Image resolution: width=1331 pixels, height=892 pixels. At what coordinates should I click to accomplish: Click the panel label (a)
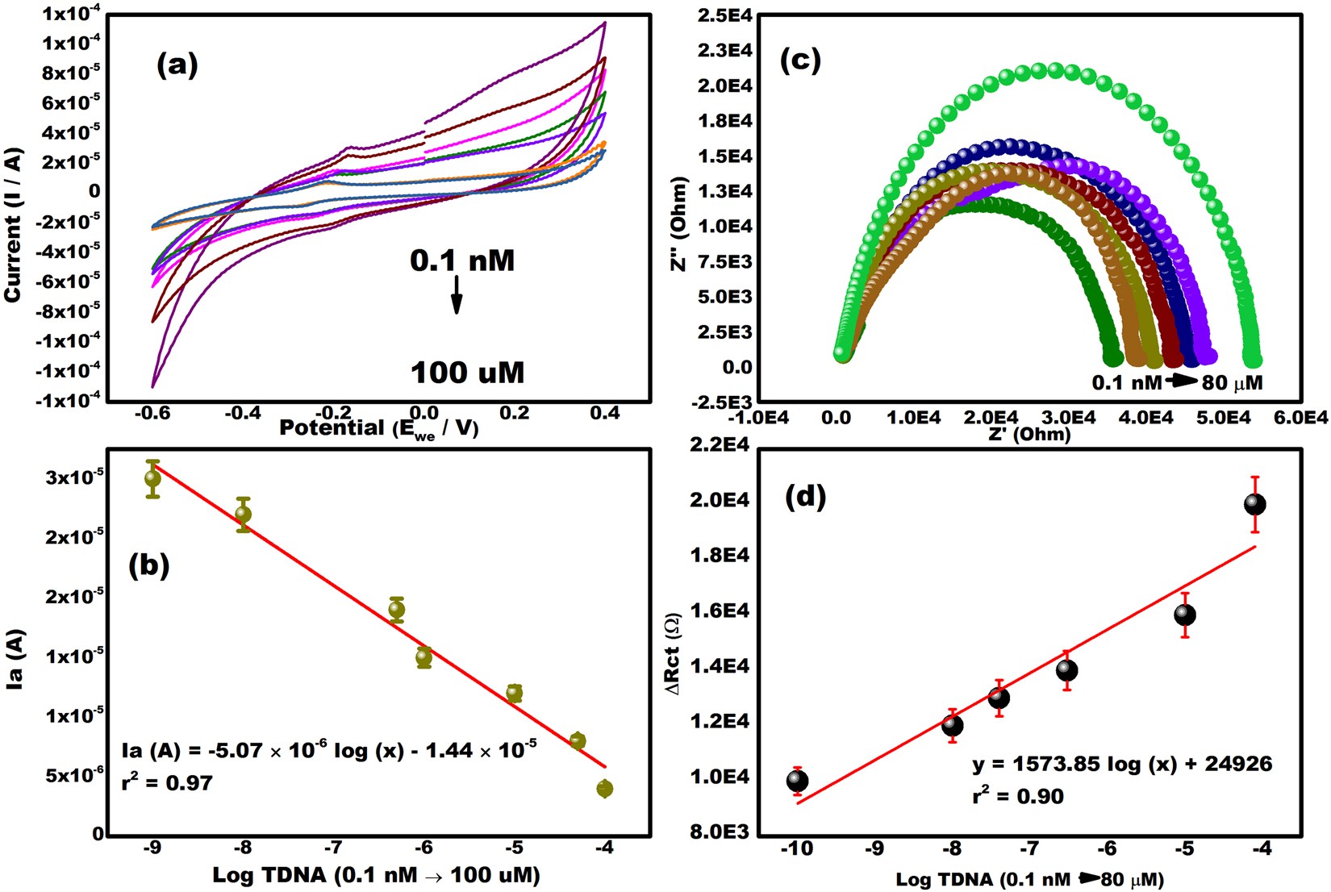click(177, 65)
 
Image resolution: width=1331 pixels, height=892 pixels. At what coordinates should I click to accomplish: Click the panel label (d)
click(805, 496)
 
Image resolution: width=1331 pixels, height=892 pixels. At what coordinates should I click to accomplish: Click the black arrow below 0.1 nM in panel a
click(457, 294)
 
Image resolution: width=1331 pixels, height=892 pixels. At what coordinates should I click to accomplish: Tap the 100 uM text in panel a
click(468, 373)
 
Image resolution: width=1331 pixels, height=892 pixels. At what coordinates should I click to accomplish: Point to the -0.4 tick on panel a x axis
click(242, 413)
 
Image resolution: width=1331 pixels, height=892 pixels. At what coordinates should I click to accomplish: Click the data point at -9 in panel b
click(152, 479)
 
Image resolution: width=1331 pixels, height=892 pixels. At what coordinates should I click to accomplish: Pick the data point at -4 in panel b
click(604, 788)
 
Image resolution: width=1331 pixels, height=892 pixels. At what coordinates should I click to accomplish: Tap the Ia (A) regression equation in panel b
click(328, 750)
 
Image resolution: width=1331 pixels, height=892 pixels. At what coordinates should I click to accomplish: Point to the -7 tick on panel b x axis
click(333, 848)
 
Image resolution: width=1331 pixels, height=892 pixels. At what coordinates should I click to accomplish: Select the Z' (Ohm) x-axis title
click(1029, 435)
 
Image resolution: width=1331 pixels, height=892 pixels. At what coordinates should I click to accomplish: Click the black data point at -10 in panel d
click(797, 781)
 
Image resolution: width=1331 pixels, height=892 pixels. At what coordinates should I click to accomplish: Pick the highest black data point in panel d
click(1254, 504)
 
